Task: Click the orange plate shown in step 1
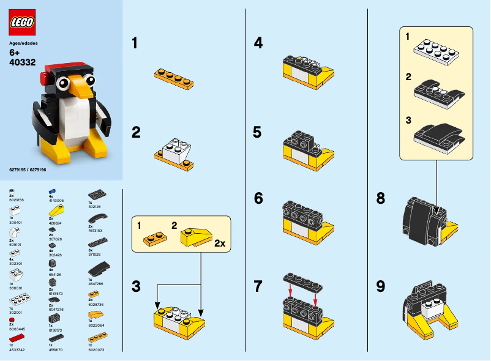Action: coord(173,78)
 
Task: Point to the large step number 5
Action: coord(258,132)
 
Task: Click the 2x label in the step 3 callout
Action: coord(219,243)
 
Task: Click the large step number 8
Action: coord(381,198)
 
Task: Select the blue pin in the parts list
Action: coord(54,192)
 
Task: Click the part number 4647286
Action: coord(97,283)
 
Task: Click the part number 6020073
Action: coord(97,350)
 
